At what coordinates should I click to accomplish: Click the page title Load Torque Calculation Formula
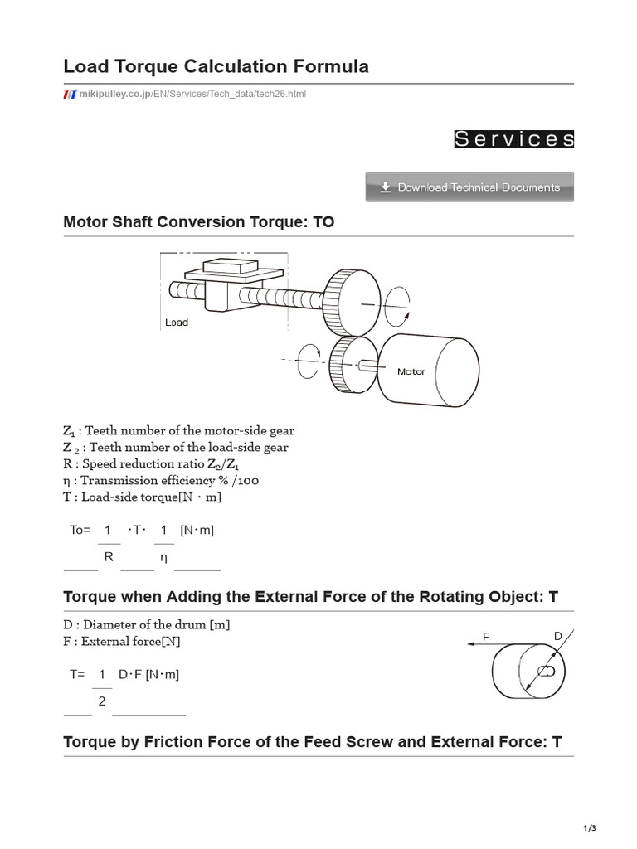(x=216, y=66)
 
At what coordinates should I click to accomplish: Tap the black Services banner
(x=513, y=139)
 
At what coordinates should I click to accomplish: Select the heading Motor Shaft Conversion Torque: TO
(x=199, y=222)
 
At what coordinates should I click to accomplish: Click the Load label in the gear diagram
(x=177, y=323)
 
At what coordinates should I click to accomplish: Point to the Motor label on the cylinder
(x=411, y=371)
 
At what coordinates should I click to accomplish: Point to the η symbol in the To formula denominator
(x=163, y=558)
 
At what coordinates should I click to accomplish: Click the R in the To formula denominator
(x=108, y=557)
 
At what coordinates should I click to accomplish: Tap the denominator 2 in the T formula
(x=102, y=701)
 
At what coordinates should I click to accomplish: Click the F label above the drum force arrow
(x=487, y=637)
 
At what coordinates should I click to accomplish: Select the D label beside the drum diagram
(x=557, y=636)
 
